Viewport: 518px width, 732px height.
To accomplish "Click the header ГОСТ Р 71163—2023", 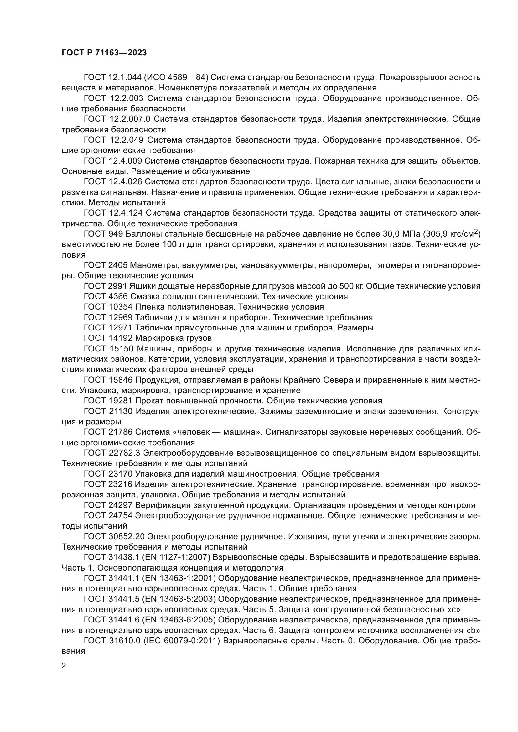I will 104,53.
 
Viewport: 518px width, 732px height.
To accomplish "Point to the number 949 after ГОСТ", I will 116,234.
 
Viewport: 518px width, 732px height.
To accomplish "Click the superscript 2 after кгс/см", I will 476,232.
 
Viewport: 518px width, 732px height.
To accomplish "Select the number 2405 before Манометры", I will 118,266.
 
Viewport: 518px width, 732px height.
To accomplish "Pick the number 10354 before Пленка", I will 120,307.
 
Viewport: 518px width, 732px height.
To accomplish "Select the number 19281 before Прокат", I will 120,401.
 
